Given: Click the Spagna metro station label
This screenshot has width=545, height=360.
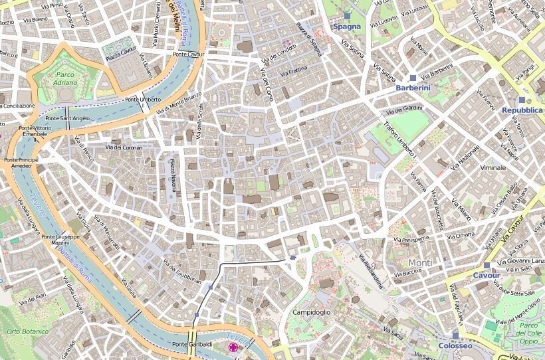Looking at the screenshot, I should click(346, 27).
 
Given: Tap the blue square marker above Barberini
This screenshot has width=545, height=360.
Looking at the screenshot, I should click(413, 78).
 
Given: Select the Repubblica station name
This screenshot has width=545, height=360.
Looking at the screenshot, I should click(522, 110).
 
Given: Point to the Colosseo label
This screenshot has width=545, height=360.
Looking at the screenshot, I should click(455, 346).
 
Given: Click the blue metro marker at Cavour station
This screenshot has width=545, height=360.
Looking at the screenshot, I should click(487, 265).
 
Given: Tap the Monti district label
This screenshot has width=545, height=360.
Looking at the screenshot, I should click(420, 262).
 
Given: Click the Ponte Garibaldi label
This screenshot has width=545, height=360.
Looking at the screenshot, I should click(192, 344).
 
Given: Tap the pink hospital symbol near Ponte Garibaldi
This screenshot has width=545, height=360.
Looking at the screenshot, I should click(233, 347).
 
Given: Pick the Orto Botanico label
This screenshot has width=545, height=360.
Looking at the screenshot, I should click(27, 331).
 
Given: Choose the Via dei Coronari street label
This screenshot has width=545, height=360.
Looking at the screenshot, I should click(124, 147).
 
